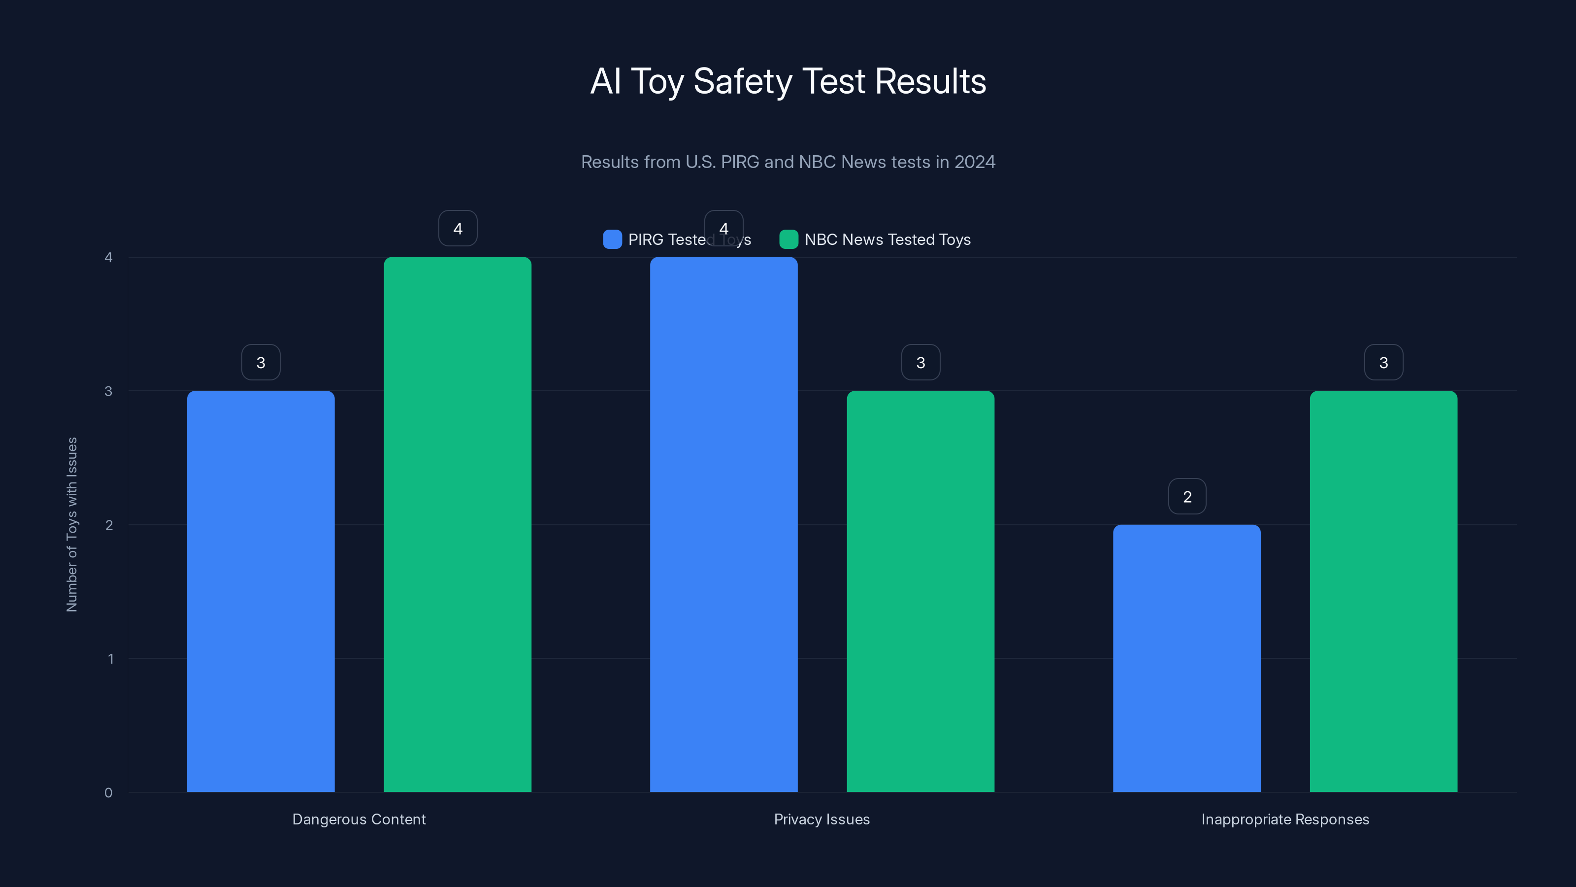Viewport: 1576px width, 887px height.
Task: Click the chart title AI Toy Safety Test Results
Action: (x=788, y=81)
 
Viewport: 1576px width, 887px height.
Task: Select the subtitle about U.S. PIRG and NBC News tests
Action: (x=788, y=162)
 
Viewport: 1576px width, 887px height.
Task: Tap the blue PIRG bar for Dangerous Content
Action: (x=261, y=591)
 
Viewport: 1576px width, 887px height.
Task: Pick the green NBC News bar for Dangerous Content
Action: (x=458, y=524)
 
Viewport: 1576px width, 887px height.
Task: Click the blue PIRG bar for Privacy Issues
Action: (x=724, y=524)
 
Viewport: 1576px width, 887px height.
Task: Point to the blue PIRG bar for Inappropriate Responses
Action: (x=1187, y=658)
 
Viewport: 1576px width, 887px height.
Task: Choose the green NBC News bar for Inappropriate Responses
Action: (x=1383, y=591)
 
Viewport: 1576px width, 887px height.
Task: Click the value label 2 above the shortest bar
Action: (x=1187, y=496)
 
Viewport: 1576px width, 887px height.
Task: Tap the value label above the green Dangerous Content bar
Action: (x=458, y=228)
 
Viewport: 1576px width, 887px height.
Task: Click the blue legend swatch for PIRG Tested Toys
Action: (x=612, y=239)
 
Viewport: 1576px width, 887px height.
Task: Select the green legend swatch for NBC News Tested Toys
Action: (x=788, y=239)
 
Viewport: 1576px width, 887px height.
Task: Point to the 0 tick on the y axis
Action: (x=108, y=793)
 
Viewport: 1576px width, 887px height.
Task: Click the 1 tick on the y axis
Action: (x=110, y=659)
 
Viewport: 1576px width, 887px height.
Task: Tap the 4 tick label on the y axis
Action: (x=108, y=257)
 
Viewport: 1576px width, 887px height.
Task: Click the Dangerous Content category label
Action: (x=359, y=819)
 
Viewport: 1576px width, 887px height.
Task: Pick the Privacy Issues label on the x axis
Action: (x=821, y=819)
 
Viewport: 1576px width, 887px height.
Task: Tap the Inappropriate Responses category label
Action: (x=1285, y=819)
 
